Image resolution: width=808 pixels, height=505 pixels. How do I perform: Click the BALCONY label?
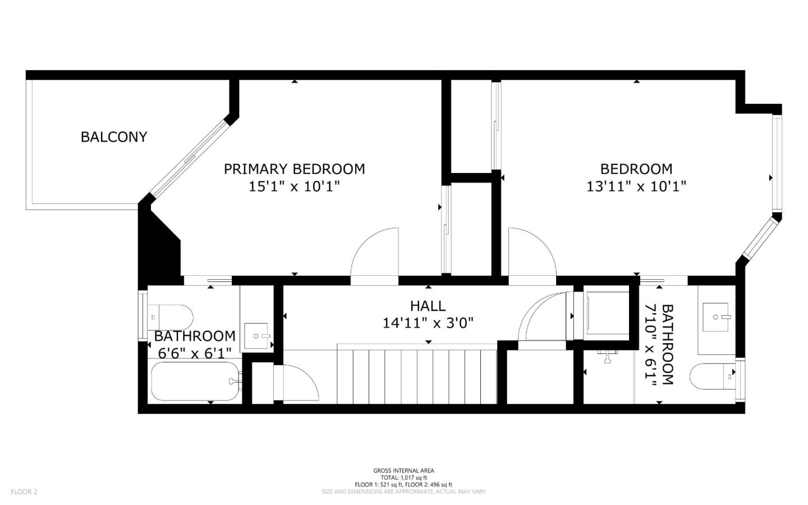coord(114,137)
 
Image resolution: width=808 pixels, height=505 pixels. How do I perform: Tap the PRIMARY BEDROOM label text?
coord(294,169)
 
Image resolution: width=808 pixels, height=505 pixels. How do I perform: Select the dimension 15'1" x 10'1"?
coord(294,186)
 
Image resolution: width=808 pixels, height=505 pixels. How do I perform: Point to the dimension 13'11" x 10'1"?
coord(636,186)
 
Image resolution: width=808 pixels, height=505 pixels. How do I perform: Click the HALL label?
coord(428,306)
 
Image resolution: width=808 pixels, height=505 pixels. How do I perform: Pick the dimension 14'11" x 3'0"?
coord(428,323)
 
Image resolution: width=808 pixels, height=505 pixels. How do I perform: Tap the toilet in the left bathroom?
coord(171,317)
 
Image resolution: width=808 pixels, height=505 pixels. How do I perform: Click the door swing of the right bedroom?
coord(531,253)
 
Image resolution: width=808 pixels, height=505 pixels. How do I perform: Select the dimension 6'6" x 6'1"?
coord(195,353)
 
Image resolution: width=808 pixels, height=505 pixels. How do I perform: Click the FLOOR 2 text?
coord(24,492)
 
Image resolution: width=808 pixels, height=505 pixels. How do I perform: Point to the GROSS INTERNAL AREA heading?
coord(403,471)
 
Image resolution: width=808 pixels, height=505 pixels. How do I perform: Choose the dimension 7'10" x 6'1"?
coord(651,345)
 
